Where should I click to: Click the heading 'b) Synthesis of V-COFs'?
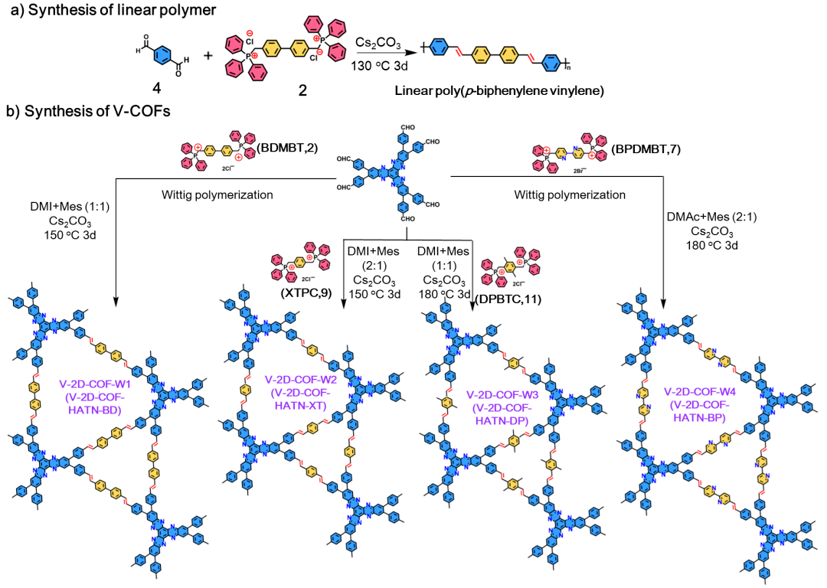pos(88,113)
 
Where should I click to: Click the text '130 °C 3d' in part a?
pos(381,67)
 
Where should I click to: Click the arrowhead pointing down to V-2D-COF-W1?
pos(116,302)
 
